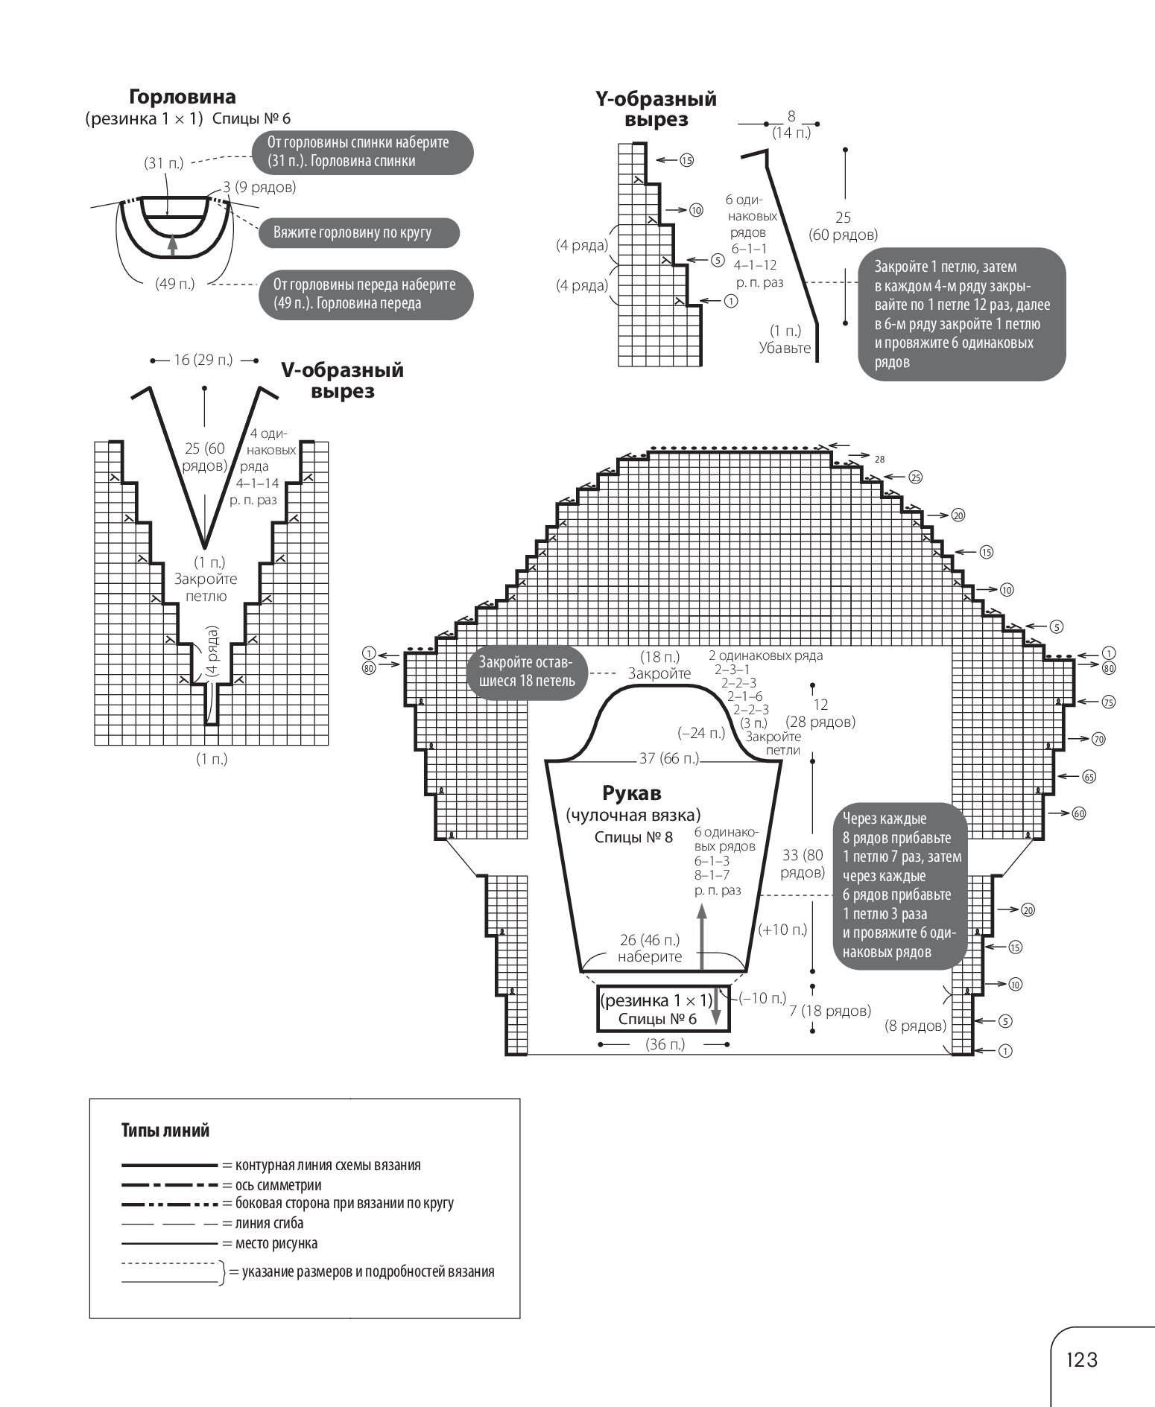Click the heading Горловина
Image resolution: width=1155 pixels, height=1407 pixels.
[x=183, y=97]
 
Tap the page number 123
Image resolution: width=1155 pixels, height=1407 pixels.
[x=1082, y=1360]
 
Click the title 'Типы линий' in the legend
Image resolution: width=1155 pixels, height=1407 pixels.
[x=165, y=1131]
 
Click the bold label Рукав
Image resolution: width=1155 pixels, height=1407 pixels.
[x=632, y=793]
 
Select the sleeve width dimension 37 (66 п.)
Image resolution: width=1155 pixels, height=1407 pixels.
[x=669, y=758]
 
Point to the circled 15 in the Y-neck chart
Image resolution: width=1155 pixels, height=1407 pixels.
[x=686, y=160]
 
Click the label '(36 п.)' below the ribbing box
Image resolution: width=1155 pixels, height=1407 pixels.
[x=665, y=1045]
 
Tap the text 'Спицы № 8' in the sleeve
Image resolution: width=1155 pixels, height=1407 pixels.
[x=633, y=837]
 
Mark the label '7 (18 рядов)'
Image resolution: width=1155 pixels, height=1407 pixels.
[x=829, y=1011]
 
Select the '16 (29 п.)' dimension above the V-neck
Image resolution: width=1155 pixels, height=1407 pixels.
[x=203, y=361]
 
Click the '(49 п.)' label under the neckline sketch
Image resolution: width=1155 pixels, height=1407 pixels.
[x=175, y=284]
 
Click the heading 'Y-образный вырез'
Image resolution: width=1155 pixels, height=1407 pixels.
[x=656, y=109]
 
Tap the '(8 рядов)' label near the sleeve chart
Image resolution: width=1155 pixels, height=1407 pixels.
[x=916, y=1026]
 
